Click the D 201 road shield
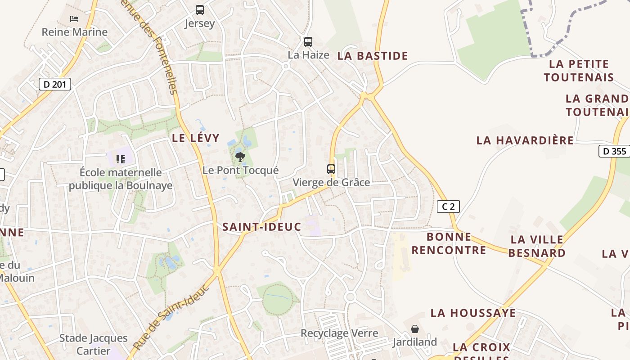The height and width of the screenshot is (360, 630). click(55, 84)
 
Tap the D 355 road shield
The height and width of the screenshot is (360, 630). click(614, 151)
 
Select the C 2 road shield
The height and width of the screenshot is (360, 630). click(448, 207)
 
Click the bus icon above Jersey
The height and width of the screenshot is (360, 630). click(200, 10)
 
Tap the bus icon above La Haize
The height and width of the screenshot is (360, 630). click(308, 42)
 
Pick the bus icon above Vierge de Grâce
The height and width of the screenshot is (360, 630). click(331, 169)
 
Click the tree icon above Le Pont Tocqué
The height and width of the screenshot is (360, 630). click(240, 157)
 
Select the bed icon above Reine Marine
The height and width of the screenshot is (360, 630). click(74, 19)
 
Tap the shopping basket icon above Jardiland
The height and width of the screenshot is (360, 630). click(415, 329)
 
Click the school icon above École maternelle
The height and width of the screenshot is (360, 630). click(120, 159)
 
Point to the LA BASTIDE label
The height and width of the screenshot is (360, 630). click(373, 56)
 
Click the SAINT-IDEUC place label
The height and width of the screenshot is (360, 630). click(261, 227)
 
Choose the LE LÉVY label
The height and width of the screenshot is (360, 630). click(196, 138)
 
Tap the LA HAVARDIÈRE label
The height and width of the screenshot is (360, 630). click(525, 140)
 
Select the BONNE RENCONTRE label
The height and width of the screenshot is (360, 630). click(449, 243)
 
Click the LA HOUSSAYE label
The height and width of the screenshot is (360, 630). click(473, 313)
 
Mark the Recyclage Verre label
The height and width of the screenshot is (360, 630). click(339, 333)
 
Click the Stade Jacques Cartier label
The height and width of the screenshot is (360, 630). click(94, 344)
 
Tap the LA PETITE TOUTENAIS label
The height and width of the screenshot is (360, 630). click(579, 71)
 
